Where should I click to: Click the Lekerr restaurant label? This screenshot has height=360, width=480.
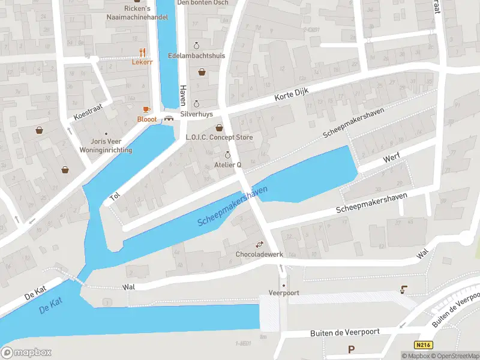[142, 62]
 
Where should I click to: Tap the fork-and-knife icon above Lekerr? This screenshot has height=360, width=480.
[142, 52]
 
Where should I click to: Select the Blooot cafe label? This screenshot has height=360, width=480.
[146, 119]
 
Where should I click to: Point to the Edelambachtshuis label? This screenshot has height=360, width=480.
[197, 55]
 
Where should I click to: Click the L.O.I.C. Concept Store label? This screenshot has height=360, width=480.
[219, 137]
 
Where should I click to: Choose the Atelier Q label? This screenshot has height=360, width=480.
[227, 164]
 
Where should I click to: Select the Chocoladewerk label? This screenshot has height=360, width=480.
[259, 254]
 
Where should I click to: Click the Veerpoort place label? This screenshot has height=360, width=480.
[284, 293]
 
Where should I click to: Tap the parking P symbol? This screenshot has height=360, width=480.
[351, 349]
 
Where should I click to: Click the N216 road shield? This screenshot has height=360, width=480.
[423, 345]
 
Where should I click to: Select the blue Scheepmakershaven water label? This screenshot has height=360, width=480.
[233, 206]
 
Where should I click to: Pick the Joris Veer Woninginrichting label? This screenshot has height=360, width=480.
[107, 146]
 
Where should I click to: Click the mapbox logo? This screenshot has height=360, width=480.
[26, 353]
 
